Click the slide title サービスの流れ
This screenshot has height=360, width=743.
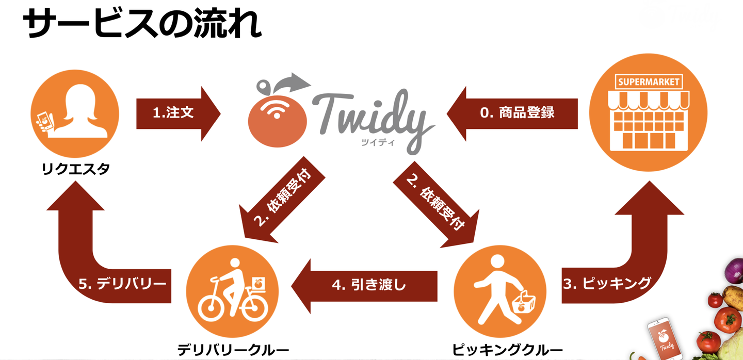point(142,23)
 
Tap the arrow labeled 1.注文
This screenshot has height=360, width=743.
point(179,113)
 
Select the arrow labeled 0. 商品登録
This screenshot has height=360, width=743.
point(512,113)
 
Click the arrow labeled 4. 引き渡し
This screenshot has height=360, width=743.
point(364,286)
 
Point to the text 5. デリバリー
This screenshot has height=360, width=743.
point(122,284)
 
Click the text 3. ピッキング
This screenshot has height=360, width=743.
point(607,284)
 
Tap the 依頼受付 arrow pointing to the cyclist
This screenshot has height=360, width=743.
point(282,200)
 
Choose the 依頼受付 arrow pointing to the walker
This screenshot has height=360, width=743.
point(437,205)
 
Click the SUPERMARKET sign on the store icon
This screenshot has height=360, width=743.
point(649,82)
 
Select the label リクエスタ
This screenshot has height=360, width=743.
point(75,169)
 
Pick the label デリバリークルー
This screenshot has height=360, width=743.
point(233,350)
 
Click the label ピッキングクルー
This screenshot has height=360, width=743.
point(508,350)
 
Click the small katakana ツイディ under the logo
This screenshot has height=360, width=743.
point(378,142)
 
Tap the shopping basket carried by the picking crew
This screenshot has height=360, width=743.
point(524,302)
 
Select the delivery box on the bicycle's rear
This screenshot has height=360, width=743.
point(258,284)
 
